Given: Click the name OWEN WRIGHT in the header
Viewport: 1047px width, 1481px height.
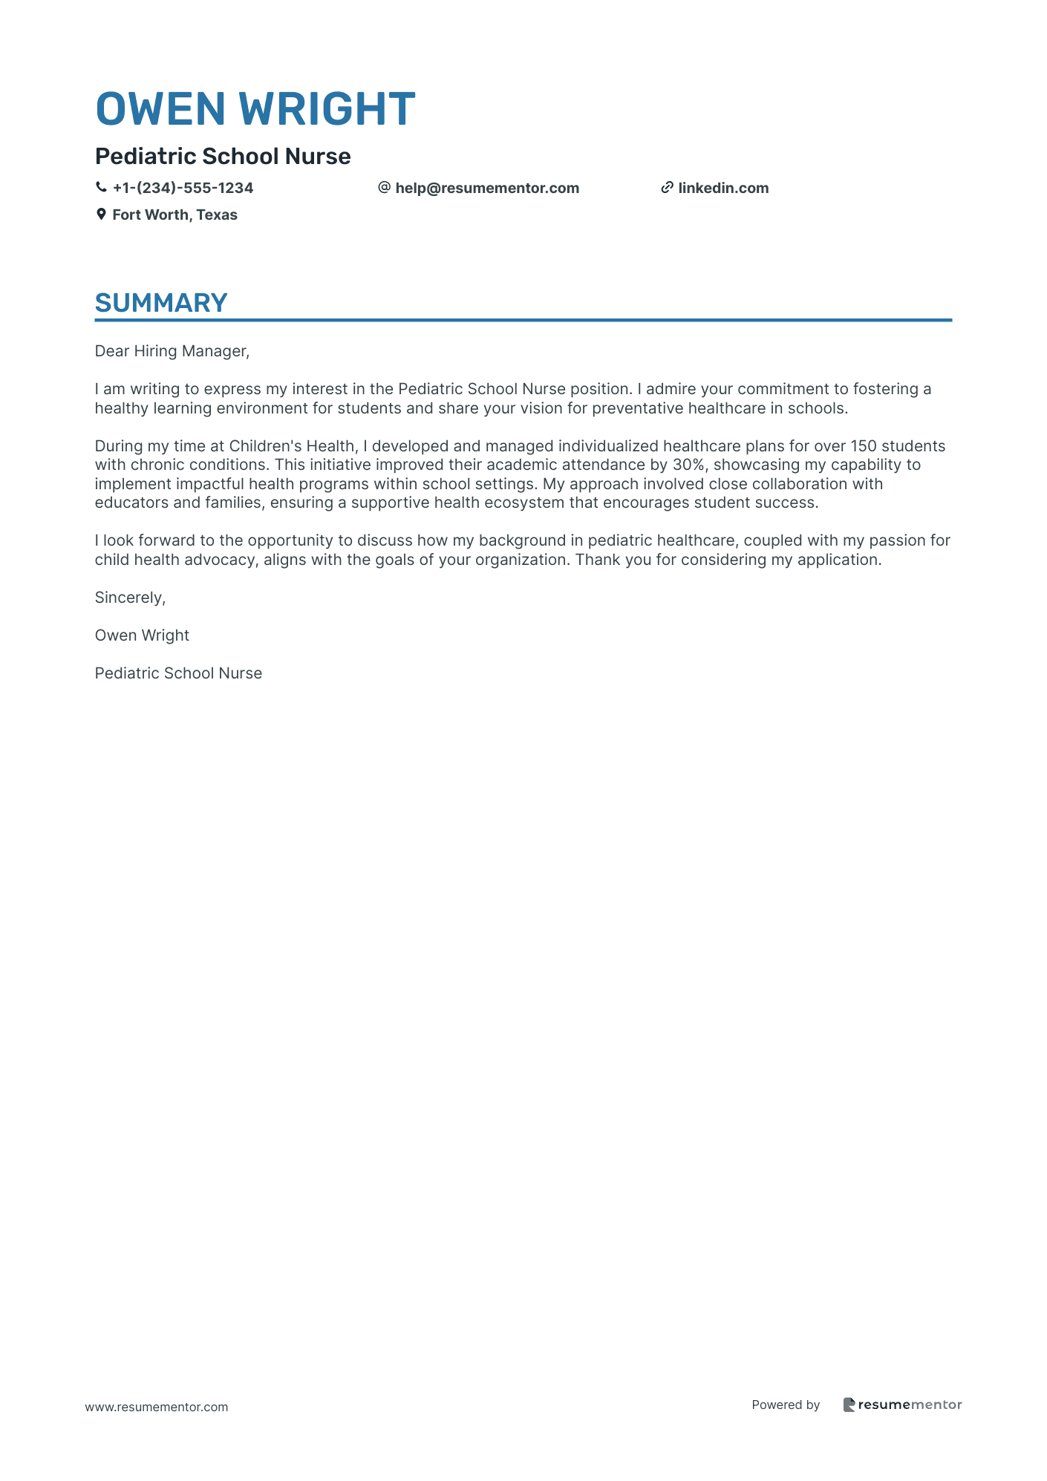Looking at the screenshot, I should (255, 109).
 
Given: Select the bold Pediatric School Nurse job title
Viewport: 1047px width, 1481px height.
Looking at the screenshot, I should (223, 157).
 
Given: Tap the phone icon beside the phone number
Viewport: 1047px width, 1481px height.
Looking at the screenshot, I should (101, 188).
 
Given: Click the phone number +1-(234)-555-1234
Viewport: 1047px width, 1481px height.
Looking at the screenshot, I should (183, 189).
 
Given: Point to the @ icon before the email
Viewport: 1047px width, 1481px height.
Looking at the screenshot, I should (384, 188).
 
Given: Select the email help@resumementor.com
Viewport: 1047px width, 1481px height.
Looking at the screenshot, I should (487, 189).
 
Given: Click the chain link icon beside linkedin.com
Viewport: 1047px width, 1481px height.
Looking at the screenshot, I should (667, 188).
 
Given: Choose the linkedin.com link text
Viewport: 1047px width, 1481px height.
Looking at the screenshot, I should (723, 189).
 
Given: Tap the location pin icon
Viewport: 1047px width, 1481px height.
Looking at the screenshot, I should (101, 215).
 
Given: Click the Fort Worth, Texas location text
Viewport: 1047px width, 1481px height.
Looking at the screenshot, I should (174, 215).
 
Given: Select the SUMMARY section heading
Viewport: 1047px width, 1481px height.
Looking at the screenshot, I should (161, 303).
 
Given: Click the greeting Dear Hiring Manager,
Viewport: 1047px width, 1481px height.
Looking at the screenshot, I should (172, 351).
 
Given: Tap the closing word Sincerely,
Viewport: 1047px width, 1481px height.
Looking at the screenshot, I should (130, 598).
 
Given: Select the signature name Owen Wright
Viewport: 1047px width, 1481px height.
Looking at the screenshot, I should (142, 635).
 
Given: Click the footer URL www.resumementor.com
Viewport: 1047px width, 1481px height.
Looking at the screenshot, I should (157, 1407).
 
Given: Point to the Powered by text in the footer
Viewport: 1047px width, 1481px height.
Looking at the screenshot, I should (786, 1405).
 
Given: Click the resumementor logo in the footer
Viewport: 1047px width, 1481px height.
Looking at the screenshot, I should (902, 1405).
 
